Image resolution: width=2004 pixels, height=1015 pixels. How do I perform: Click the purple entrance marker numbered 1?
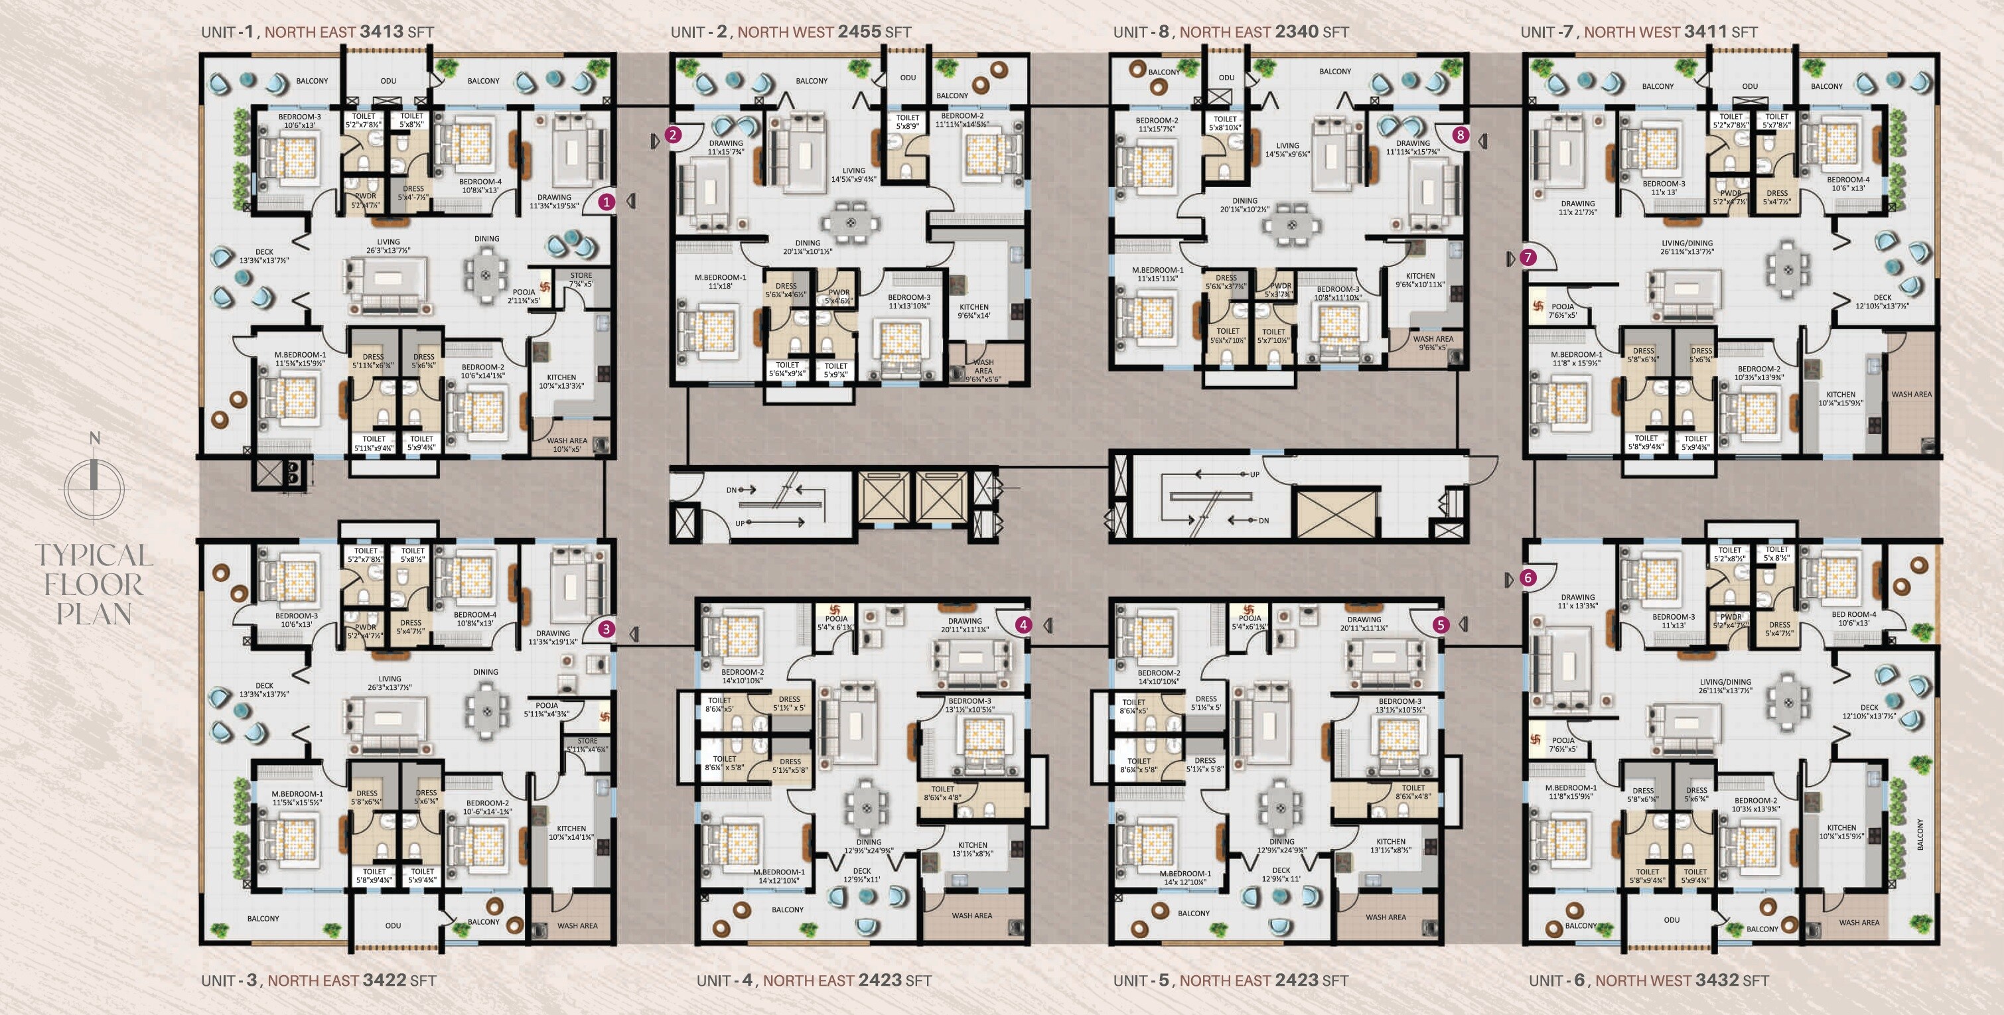pyautogui.click(x=607, y=202)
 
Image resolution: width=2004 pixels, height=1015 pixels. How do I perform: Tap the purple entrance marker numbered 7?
pyautogui.click(x=1528, y=257)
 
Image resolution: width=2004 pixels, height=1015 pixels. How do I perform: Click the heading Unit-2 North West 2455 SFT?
pyautogui.click(x=790, y=32)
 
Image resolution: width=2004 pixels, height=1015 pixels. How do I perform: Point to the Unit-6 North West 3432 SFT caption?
pyautogui.click(x=1648, y=980)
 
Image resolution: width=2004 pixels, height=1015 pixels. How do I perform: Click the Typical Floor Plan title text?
pyautogui.click(x=94, y=584)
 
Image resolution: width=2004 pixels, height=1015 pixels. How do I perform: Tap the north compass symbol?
pyautogui.click(x=94, y=482)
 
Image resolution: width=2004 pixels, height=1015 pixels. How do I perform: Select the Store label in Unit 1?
pyautogui.click(x=581, y=275)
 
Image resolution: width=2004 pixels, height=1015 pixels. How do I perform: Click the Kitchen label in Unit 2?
pyautogui.click(x=973, y=307)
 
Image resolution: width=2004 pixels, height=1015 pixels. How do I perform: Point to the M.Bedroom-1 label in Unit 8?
pyautogui.click(x=1157, y=270)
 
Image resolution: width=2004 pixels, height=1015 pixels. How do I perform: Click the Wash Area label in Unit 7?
pyautogui.click(x=1911, y=394)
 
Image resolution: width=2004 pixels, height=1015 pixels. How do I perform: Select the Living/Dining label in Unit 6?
pyautogui.click(x=1725, y=682)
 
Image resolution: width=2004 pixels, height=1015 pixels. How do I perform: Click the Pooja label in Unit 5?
pyautogui.click(x=1250, y=618)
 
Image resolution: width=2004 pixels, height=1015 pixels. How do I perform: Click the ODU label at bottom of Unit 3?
pyautogui.click(x=393, y=925)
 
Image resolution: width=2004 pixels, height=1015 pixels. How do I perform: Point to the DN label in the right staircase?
pyautogui.click(x=1263, y=520)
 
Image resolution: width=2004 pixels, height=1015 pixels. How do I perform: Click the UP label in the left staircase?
pyautogui.click(x=740, y=523)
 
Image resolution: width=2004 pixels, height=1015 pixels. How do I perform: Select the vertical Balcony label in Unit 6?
pyautogui.click(x=1920, y=834)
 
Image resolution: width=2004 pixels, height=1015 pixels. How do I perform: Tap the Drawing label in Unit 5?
pyautogui.click(x=1364, y=620)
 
